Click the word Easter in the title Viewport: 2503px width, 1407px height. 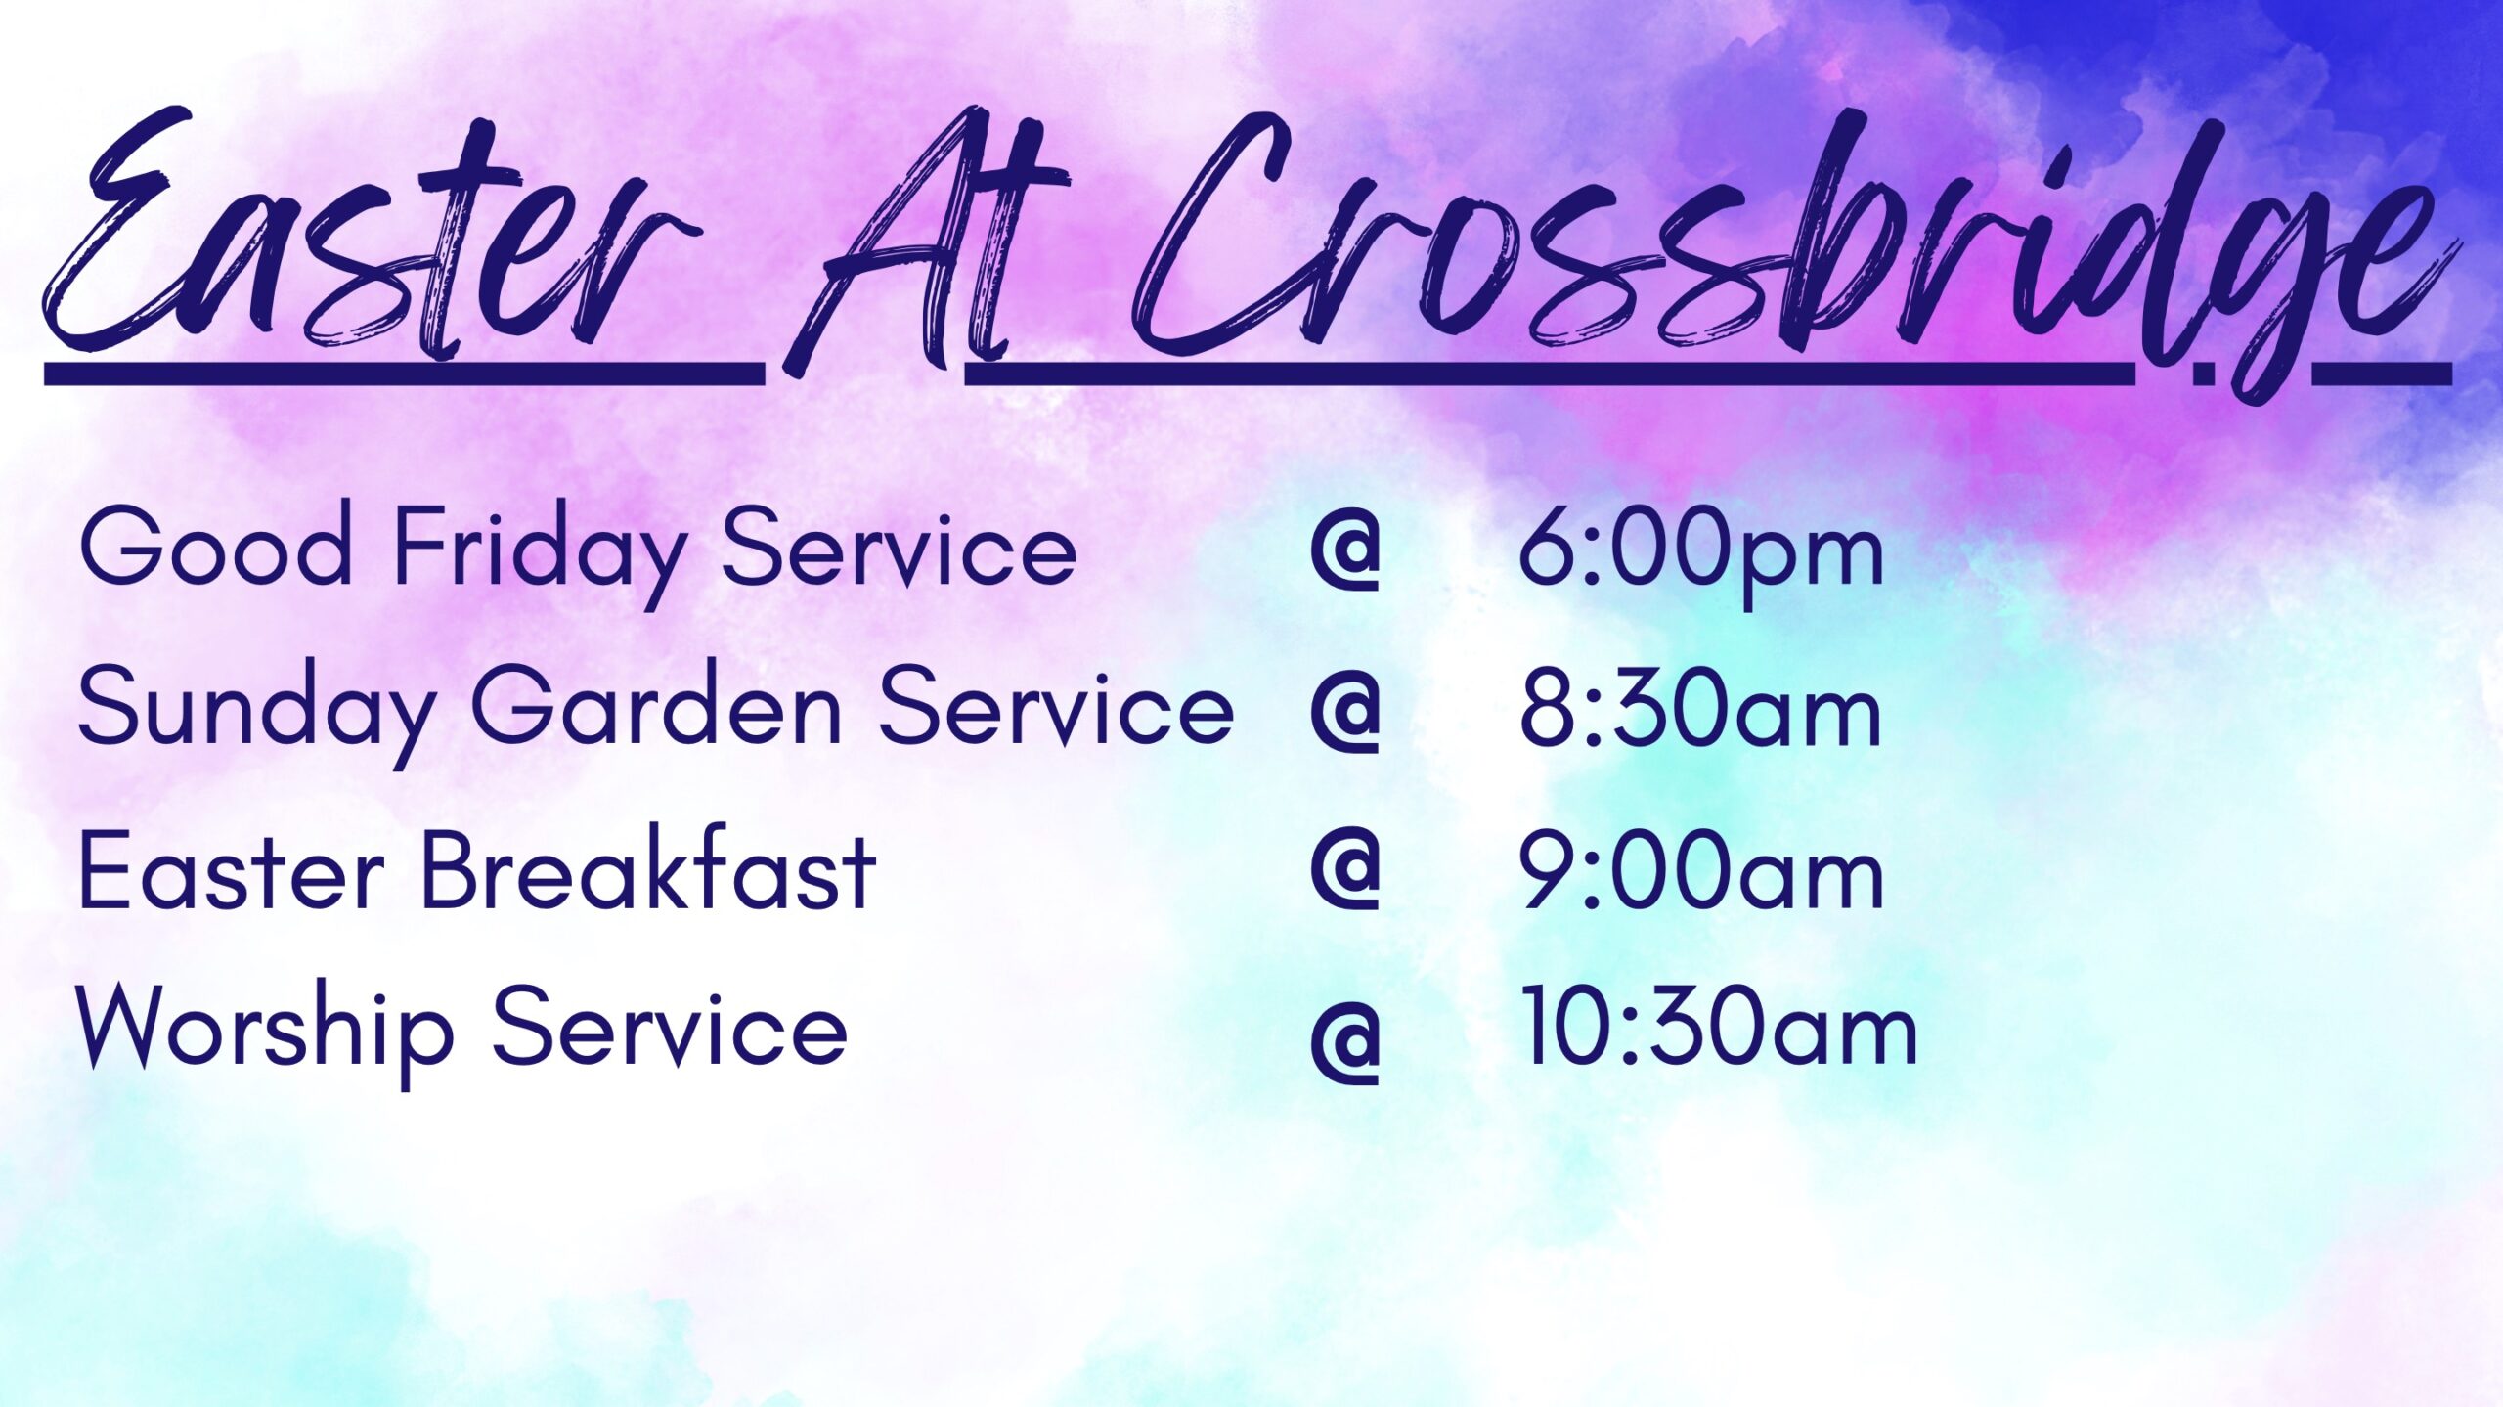tap(372, 235)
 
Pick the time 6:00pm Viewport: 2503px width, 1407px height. tap(1701, 552)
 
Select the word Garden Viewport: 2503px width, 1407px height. tap(656, 706)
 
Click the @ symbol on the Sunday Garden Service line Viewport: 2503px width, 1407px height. tap(1345, 714)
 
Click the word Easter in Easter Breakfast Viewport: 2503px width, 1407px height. tap(231, 869)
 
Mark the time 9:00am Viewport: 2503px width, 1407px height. tap(1701, 870)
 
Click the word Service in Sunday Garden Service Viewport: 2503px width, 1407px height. tap(1057, 706)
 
